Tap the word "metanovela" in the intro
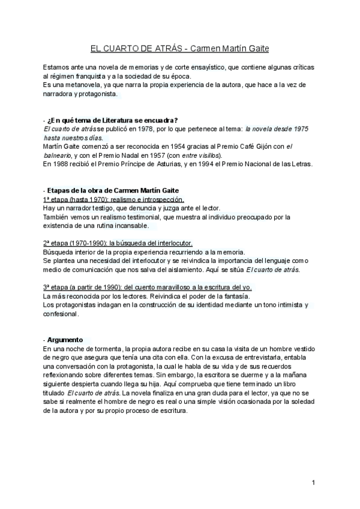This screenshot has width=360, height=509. tap(77, 86)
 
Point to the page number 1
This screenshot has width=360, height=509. tap(313, 483)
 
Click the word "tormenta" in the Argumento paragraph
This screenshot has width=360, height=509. tap(106, 349)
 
